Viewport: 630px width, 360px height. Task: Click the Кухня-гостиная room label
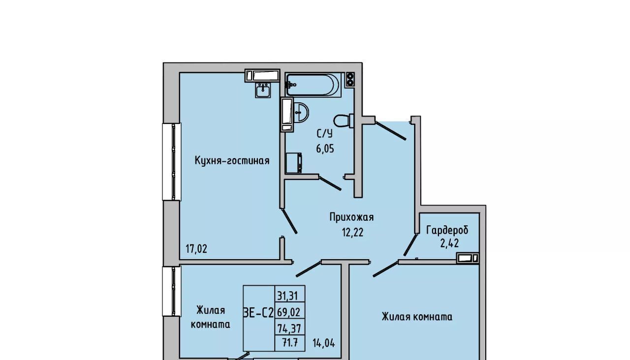[232, 161]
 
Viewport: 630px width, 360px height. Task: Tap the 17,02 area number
[196, 249]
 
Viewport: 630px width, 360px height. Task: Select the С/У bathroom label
[325, 134]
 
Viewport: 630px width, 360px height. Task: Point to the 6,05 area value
[325, 149]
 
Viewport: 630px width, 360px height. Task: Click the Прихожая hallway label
[351, 217]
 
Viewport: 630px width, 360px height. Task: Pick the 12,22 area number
[353, 232]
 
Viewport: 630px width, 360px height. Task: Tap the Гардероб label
[447, 230]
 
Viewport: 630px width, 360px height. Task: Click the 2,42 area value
[449, 243]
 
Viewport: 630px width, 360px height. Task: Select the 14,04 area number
[324, 343]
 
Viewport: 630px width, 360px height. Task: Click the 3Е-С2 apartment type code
[258, 312]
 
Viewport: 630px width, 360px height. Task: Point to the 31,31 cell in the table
[287, 296]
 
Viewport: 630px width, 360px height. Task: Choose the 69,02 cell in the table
[289, 312]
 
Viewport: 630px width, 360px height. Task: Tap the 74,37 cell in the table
[289, 328]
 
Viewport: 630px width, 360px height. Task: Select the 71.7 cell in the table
[290, 343]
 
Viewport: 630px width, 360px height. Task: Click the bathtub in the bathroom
[313, 85]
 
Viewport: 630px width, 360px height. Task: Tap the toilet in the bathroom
[344, 120]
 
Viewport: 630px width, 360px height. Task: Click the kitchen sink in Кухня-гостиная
[263, 90]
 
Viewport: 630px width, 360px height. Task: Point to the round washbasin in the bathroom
[301, 113]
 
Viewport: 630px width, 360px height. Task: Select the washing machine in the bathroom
[294, 163]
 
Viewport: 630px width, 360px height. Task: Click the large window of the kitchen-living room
[171, 162]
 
